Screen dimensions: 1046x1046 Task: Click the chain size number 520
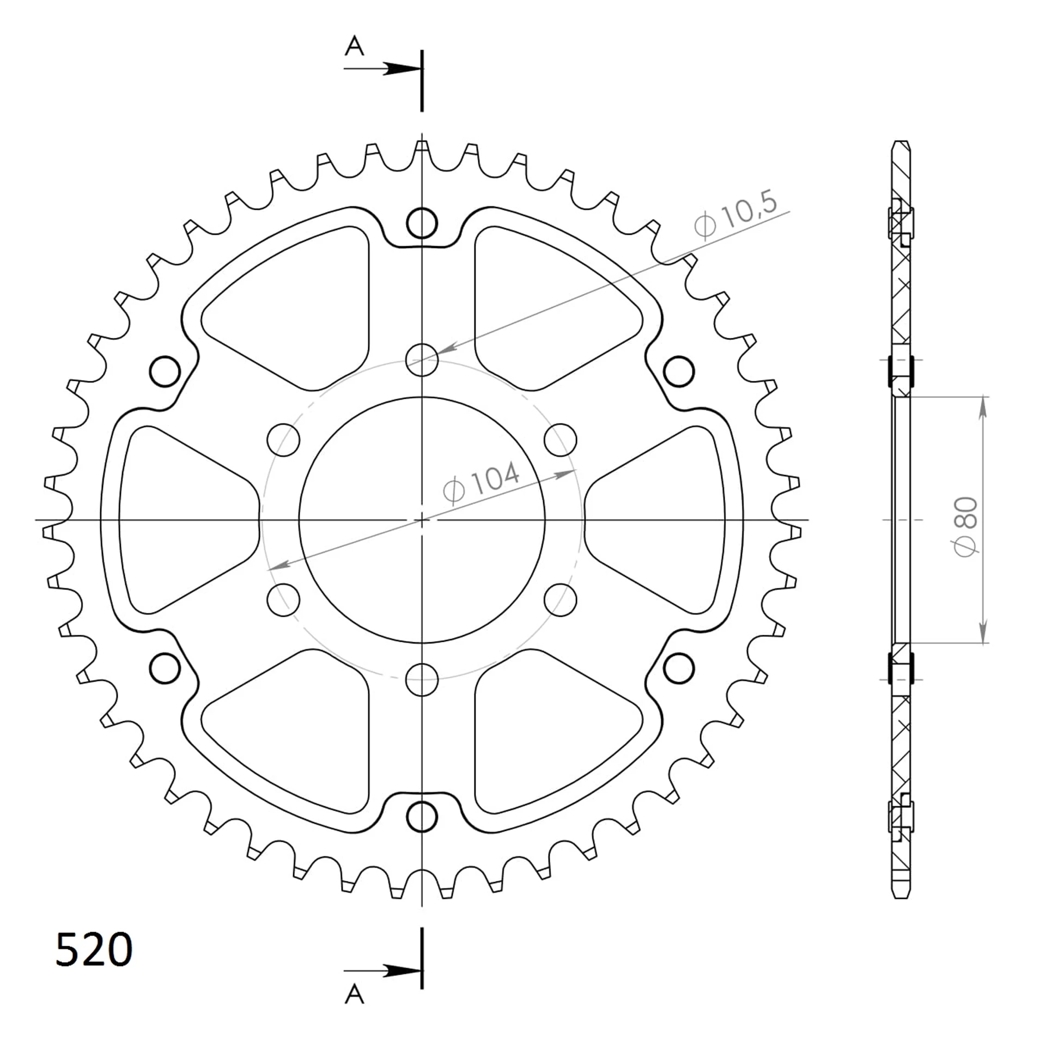(x=94, y=950)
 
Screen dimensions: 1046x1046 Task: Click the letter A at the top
(x=354, y=46)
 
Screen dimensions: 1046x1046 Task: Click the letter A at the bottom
(x=354, y=995)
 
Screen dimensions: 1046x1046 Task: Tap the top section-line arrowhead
(x=403, y=69)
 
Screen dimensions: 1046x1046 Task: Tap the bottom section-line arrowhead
(x=403, y=971)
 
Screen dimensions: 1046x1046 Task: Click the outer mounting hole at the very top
(x=422, y=223)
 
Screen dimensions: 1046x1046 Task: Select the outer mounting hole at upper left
(x=165, y=372)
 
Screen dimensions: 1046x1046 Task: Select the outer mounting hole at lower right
(x=679, y=668)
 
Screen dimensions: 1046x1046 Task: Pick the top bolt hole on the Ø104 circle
(x=422, y=360)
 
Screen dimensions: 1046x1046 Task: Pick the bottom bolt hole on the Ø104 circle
(x=422, y=679)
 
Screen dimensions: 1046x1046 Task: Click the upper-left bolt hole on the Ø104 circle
(x=283, y=440)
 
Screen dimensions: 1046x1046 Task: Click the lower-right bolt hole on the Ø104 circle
(x=560, y=600)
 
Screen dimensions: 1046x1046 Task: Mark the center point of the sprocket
(x=422, y=520)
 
